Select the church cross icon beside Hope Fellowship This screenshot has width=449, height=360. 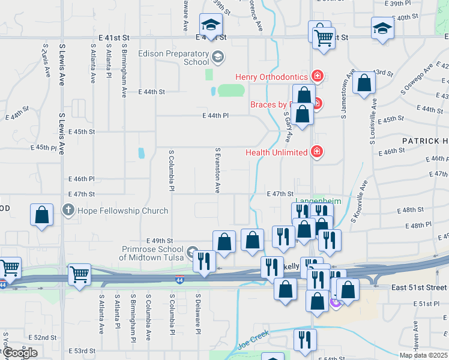point(67,211)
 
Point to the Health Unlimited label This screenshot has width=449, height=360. point(276,152)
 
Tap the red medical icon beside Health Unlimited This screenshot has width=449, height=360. point(317,152)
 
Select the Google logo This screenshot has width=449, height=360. point(19,353)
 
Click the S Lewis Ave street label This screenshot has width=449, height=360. point(62,65)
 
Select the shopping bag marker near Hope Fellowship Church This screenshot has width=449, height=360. point(41,216)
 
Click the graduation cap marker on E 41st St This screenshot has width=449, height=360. point(211,25)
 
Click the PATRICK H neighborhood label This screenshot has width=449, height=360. point(425,140)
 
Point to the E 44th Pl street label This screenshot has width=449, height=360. point(216,115)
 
